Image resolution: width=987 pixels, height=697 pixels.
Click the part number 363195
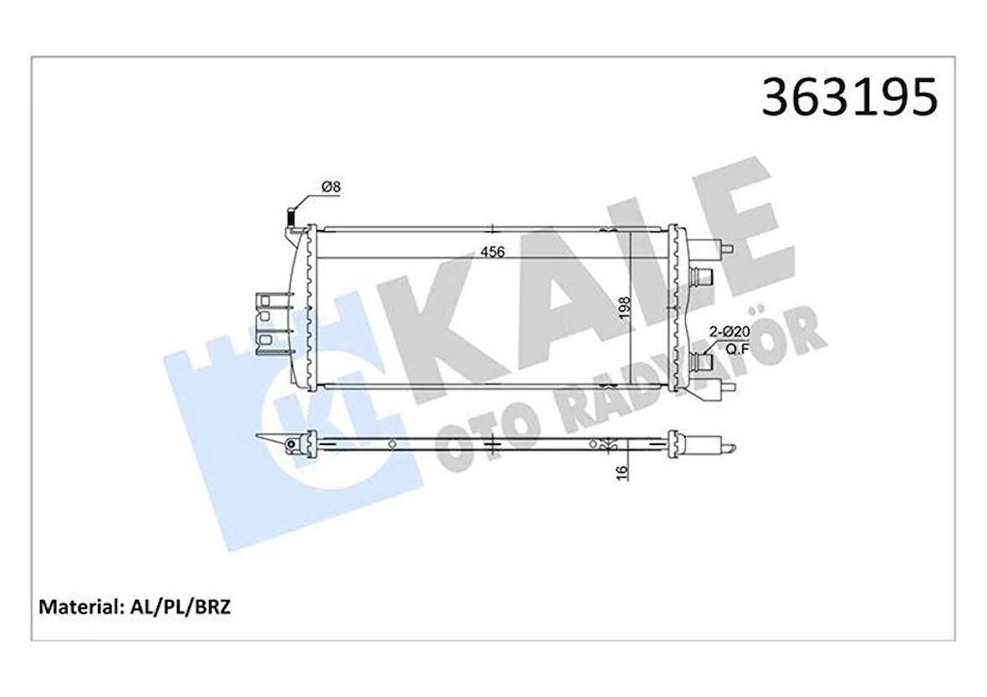coord(848,98)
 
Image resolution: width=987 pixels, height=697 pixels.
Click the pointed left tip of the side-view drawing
coord(262,437)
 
